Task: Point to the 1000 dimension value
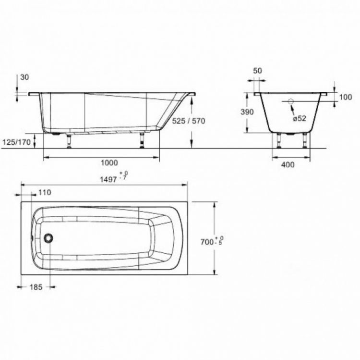pyautogui.click(x=109, y=163)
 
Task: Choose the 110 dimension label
pyautogui.click(x=44, y=193)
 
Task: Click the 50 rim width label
pyautogui.click(x=257, y=71)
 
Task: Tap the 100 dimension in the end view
pyautogui.click(x=345, y=97)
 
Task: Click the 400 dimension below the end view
pyautogui.click(x=288, y=164)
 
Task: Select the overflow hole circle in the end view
pyautogui.click(x=290, y=102)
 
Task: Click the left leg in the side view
pyautogui.click(x=70, y=140)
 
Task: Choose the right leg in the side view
pyautogui.click(x=142, y=140)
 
